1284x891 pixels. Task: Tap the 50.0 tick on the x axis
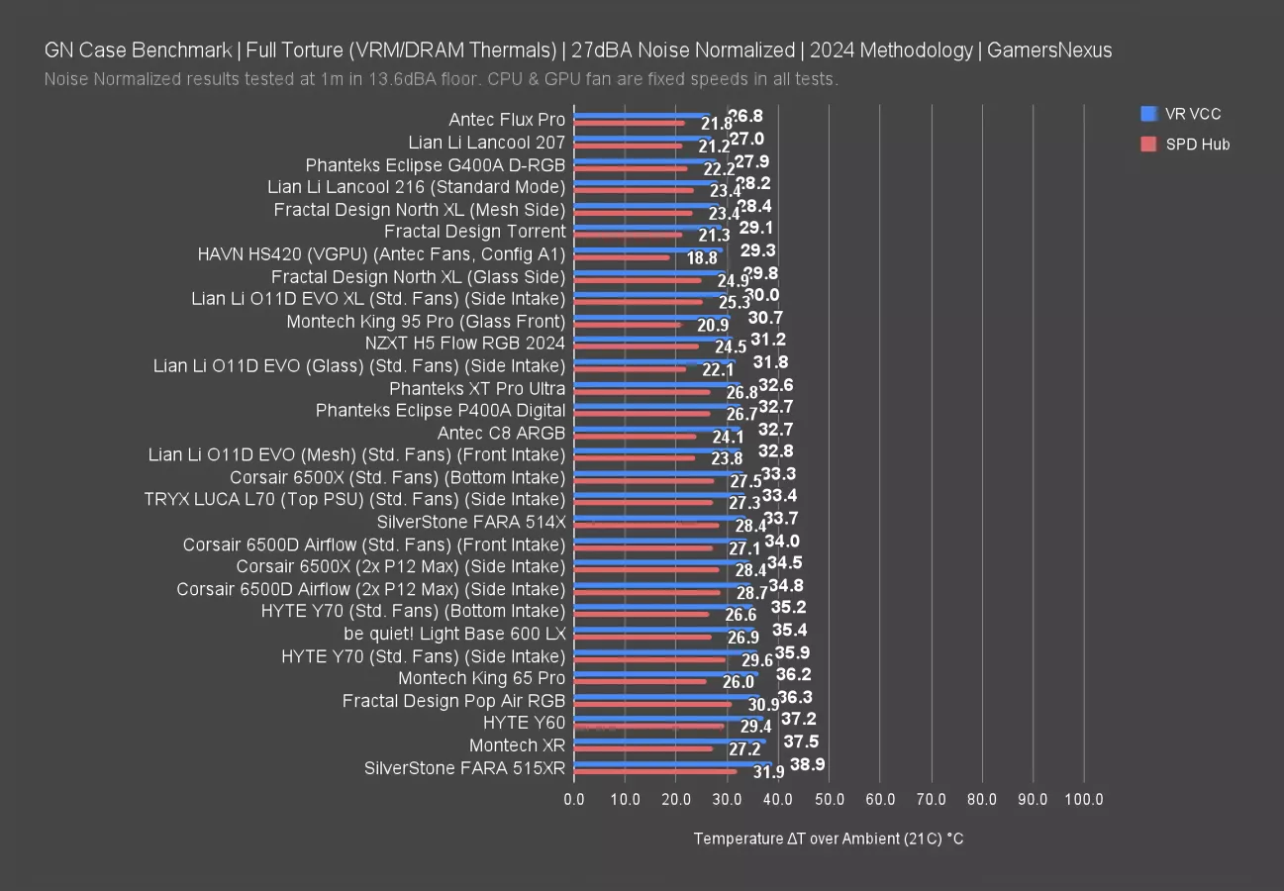[829, 799]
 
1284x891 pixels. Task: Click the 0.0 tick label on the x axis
[574, 799]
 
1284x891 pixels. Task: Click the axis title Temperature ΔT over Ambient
[828, 839]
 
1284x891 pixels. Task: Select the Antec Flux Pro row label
[507, 120]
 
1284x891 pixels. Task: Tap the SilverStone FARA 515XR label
[464, 767]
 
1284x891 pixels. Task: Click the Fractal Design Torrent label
[474, 232]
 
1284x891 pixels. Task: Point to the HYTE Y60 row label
[524, 723]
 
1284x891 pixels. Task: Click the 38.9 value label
[808, 764]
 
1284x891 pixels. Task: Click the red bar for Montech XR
[643, 748]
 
